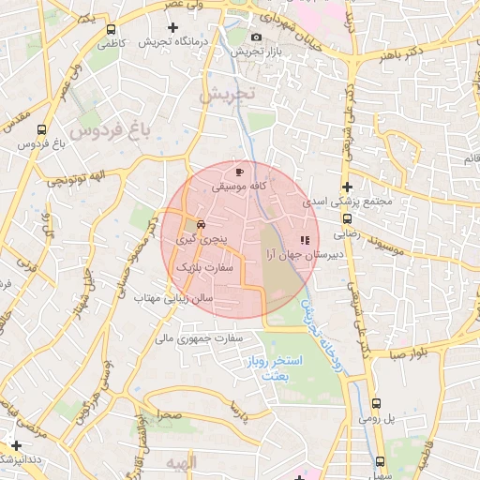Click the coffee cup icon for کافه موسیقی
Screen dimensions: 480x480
click(x=240, y=172)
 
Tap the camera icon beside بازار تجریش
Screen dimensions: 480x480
click(x=257, y=37)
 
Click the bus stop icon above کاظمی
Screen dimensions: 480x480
click(x=112, y=30)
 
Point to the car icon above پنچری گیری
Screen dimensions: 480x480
click(x=201, y=225)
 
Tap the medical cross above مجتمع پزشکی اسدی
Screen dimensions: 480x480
click(x=347, y=187)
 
